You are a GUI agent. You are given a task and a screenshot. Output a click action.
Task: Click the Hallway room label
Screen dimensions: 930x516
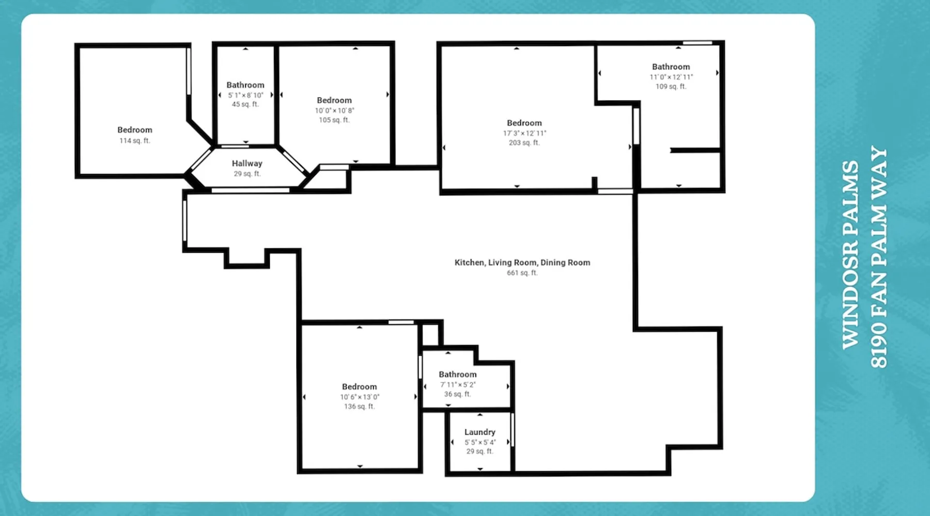247,163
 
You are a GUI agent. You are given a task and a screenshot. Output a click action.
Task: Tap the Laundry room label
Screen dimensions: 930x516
480,432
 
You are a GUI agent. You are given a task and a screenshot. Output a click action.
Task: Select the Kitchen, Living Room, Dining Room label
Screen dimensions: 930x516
522,263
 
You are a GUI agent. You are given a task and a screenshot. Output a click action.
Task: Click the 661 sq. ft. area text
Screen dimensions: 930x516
522,273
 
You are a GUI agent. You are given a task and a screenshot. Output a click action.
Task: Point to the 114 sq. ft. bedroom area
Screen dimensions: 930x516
135,140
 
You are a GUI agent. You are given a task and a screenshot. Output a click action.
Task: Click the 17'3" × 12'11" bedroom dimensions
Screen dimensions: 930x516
524,133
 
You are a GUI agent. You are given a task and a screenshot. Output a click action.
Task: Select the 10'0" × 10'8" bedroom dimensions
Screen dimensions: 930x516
334,110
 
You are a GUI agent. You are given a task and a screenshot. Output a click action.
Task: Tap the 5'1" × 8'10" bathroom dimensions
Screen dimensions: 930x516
245,95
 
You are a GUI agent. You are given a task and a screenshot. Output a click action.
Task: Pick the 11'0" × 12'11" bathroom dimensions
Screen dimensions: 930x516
671,77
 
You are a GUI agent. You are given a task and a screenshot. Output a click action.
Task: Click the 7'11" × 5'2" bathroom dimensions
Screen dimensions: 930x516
458,384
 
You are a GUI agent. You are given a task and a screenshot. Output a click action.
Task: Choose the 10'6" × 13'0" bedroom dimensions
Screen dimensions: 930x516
360,397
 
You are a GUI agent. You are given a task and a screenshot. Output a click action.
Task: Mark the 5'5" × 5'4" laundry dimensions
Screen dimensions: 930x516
480,442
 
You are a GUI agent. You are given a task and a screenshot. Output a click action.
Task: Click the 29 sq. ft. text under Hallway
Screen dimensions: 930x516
247,174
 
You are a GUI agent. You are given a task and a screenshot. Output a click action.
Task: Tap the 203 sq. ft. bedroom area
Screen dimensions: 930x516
524,142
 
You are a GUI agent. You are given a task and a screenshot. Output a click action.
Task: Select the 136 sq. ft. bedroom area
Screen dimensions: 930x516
360,407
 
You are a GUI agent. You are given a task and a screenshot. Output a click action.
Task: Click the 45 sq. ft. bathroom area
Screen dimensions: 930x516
245,104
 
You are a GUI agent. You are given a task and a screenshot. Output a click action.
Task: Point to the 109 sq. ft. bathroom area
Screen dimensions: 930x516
671,87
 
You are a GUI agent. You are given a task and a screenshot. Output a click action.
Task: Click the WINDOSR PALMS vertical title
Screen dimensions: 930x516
850,255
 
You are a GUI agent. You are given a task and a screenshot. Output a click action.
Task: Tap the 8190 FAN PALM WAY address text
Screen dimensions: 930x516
879,257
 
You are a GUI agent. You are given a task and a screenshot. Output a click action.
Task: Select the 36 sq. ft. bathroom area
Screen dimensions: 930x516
458,394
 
